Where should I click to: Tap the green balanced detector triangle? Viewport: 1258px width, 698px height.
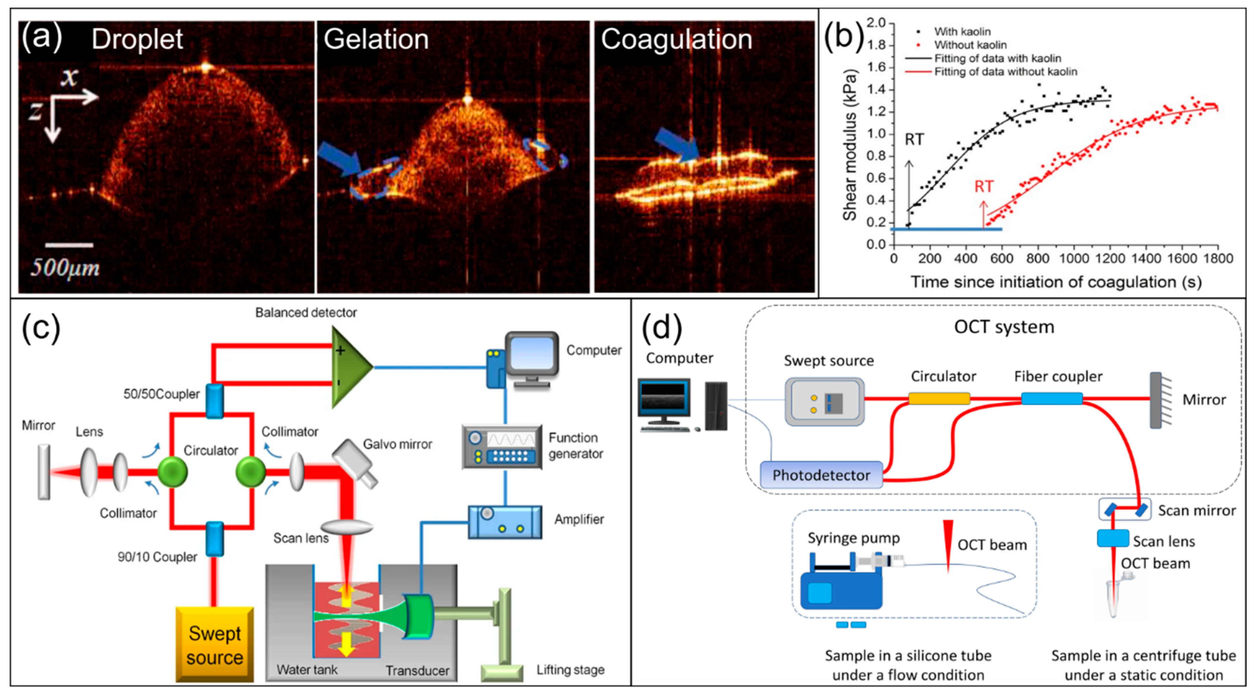pyautogui.click(x=350, y=367)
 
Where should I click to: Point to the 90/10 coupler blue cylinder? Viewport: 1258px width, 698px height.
pyautogui.click(x=214, y=539)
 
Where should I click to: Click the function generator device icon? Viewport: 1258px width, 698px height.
pyautogui.click(x=502, y=447)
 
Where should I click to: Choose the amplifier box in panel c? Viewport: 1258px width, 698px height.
pyautogui.click(x=505, y=522)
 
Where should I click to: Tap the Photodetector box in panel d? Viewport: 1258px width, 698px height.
pyautogui.click(x=822, y=475)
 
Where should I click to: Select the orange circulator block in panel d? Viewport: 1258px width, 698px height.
pyautogui.click(x=939, y=399)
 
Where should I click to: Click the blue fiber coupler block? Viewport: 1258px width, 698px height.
pyautogui.click(x=1052, y=399)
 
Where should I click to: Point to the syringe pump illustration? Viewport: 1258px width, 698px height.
pyautogui.click(x=850, y=581)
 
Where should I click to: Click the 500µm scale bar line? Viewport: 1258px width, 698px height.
pyautogui.click(x=69, y=245)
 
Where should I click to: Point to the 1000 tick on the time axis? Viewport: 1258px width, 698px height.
pyautogui.click(x=1074, y=258)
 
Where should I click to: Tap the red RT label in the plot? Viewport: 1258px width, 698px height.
pyautogui.click(x=984, y=186)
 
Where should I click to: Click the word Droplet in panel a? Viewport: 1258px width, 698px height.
pyautogui.click(x=137, y=39)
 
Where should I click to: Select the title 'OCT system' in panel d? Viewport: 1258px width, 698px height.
pyautogui.click(x=1004, y=327)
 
